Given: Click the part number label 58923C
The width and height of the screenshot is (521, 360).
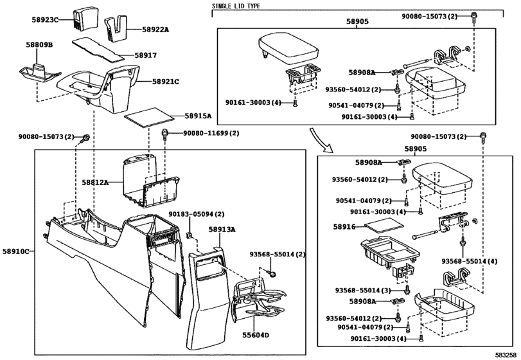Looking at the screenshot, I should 44,21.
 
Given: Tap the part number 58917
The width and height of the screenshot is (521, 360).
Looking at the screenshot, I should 146,56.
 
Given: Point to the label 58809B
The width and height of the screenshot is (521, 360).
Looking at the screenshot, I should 40,44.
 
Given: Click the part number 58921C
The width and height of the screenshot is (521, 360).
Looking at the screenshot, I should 166,82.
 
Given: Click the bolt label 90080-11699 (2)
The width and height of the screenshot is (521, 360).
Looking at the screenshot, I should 211,133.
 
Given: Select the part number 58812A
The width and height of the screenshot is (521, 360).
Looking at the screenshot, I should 95,183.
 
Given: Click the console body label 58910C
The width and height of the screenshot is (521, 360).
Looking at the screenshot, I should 17,251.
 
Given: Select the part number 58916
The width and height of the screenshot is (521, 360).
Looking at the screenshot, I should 344,227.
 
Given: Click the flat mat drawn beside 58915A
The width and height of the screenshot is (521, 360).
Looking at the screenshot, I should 149,118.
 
